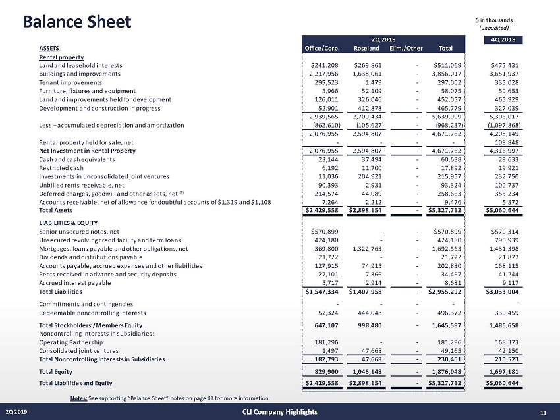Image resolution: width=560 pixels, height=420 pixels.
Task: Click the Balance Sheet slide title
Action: [77, 22]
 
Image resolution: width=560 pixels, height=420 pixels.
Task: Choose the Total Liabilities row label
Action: [61, 290]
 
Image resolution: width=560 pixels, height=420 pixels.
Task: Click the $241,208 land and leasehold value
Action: [325, 65]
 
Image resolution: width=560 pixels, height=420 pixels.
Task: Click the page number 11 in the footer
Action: [544, 412]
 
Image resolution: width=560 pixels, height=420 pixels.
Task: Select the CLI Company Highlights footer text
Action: [279, 412]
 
